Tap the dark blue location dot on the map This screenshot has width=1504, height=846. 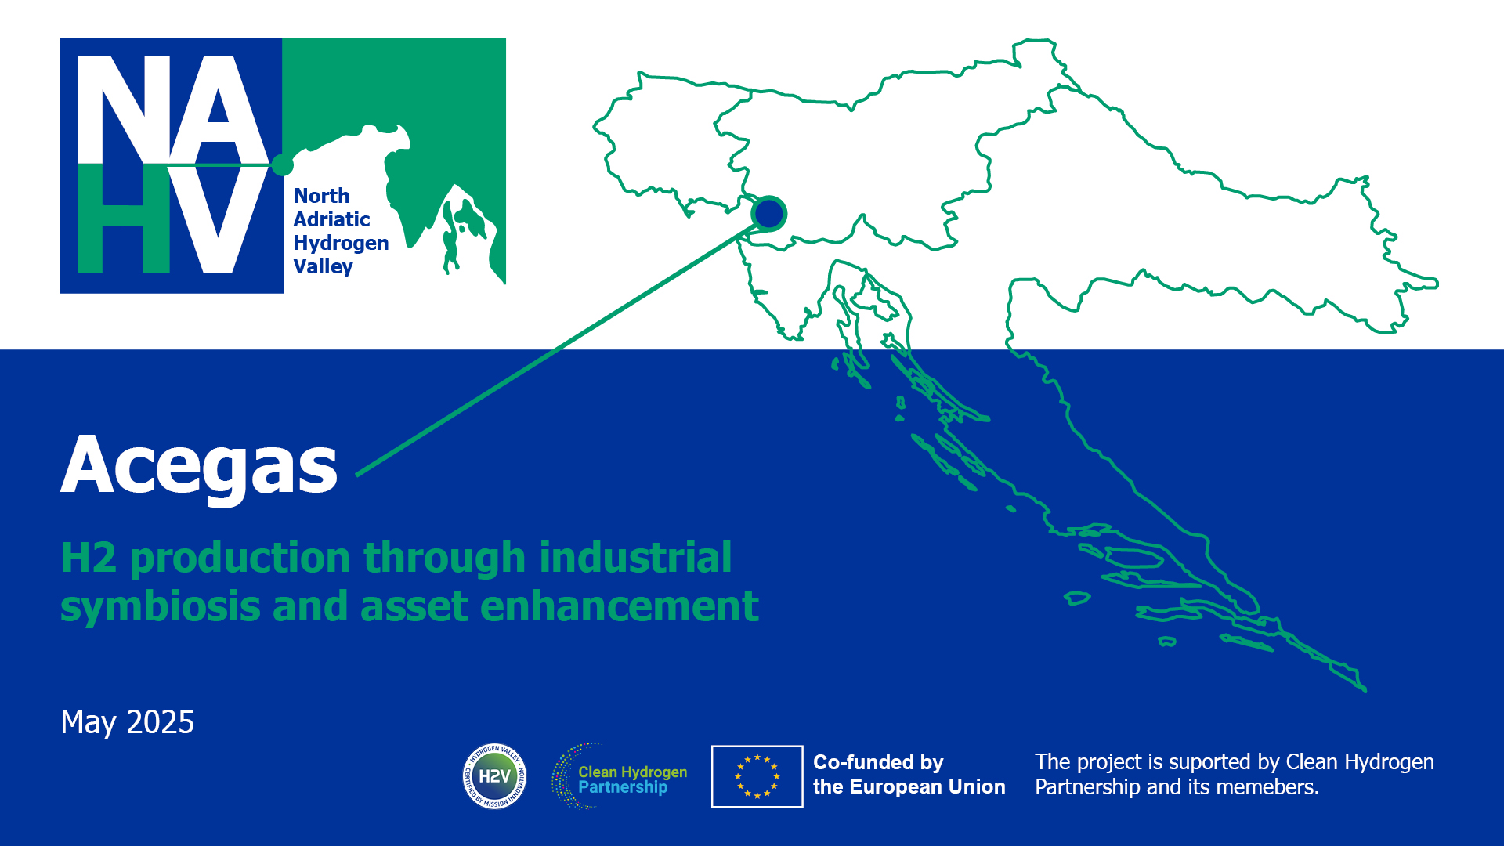pos(768,213)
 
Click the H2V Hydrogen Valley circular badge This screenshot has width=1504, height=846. pos(494,776)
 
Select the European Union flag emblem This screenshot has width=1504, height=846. pos(757,776)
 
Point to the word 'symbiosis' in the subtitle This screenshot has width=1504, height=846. pos(161,607)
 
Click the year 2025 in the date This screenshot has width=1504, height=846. pos(161,722)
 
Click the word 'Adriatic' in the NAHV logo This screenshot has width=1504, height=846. pos(331,219)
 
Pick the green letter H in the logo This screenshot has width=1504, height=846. pos(124,219)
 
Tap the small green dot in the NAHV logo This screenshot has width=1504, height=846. pos(282,164)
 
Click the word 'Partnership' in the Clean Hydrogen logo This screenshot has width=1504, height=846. pos(623,787)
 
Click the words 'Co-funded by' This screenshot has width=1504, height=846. pos(878,762)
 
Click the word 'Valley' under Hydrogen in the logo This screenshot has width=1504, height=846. pos(323,267)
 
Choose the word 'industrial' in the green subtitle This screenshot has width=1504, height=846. pos(635,558)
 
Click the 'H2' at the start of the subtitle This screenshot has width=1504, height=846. pos(89,559)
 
